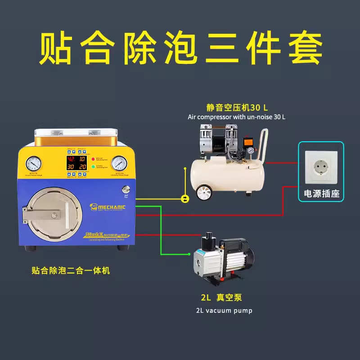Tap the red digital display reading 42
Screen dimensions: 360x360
click(71, 159)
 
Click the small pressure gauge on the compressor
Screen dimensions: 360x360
click(248, 151)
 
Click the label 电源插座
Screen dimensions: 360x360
click(321, 194)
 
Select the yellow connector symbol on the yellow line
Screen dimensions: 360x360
click(184, 198)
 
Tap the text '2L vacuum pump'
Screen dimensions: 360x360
click(224, 310)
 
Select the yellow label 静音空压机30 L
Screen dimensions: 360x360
click(237, 107)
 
